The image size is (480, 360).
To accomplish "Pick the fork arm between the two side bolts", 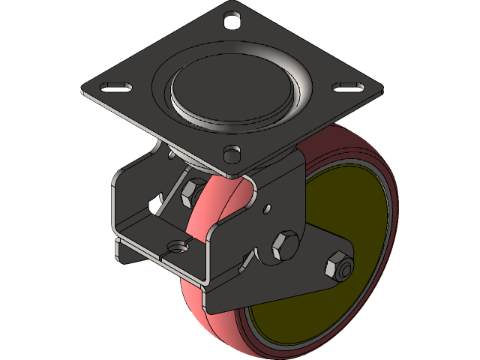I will point(311,259).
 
